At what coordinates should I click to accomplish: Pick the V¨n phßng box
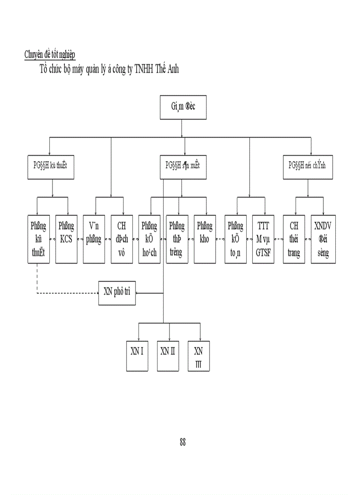tap(94, 239)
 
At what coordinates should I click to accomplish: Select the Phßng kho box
tap(205, 239)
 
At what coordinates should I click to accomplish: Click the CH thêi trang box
tap(294, 239)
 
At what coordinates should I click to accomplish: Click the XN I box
tap(139, 355)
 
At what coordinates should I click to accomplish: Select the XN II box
tap(168, 355)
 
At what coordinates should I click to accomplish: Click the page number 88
tap(183, 443)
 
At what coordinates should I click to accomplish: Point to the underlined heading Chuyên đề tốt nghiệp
tap(50, 55)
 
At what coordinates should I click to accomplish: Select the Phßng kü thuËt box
tap(38, 239)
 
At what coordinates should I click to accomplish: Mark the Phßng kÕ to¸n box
tap(235, 239)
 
